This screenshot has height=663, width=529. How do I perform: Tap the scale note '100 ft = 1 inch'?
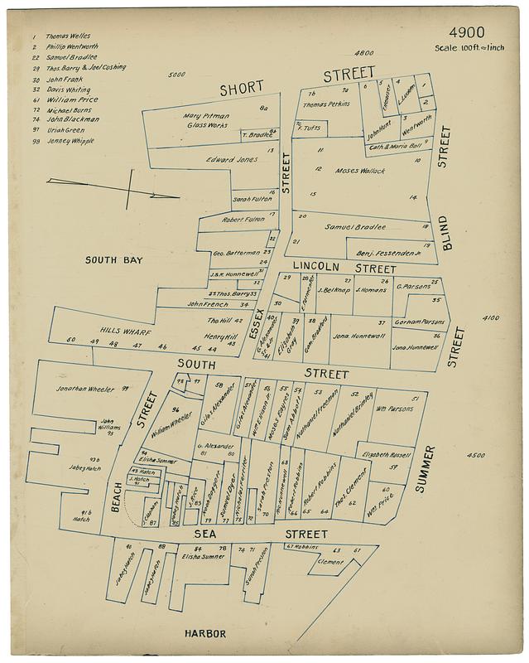[469, 47]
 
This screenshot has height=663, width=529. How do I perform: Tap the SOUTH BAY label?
[114, 260]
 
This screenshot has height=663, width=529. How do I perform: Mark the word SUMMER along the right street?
[429, 469]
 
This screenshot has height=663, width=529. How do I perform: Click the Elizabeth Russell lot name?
[384, 454]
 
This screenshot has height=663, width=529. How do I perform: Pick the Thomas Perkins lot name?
[326, 104]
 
